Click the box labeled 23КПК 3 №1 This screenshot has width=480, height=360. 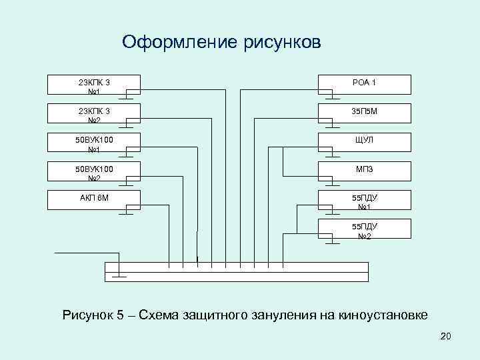pyautogui.click(x=93, y=85)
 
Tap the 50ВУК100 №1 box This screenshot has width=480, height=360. pyautogui.click(x=93, y=143)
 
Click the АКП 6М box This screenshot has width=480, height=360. pyautogui.click(x=93, y=199)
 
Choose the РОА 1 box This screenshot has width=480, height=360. pyautogui.click(x=364, y=84)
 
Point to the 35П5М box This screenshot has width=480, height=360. pyautogui.click(x=364, y=113)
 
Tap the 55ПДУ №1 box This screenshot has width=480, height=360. pyautogui.click(x=364, y=201)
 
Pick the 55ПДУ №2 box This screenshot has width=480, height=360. pyautogui.click(x=364, y=229)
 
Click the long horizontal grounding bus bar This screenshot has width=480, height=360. pyautogui.click(x=237, y=272)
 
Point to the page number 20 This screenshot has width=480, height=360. pyautogui.click(x=446, y=339)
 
